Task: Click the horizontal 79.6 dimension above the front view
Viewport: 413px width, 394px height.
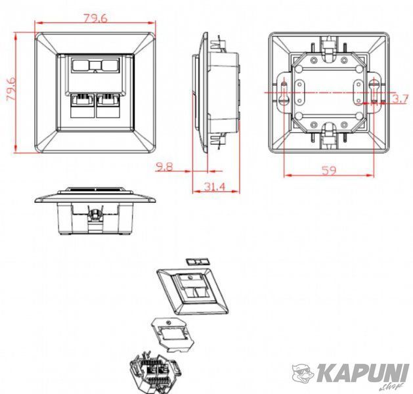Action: point(96,18)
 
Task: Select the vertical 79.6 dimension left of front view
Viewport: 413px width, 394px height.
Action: point(11,88)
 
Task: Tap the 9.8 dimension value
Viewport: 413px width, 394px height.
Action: point(164,166)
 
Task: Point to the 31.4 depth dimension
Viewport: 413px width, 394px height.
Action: point(215,186)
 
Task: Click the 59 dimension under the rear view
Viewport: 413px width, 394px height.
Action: point(329,171)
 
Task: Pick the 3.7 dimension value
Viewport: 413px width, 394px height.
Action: point(401,99)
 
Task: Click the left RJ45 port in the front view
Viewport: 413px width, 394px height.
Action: point(82,106)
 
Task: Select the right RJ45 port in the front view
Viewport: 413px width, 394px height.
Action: point(108,106)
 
